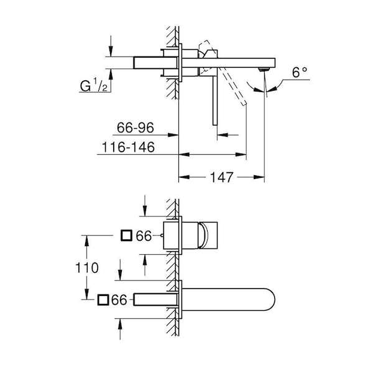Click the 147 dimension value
click(221, 177)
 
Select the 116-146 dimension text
click(128, 147)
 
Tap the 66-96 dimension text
click(136, 127)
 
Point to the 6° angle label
click(300, 72)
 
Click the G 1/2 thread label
click(93, 86)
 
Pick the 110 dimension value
click(87, 267)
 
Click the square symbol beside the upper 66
click(126, 236)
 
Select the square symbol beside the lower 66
click(103, 300)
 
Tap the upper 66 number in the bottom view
click(144, 236)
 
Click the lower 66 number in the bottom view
click(119, 300)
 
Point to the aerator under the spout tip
click(264, 69)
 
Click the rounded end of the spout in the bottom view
click(270, 300)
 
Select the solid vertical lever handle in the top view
click(215, 100)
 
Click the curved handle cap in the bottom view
click(204, 235)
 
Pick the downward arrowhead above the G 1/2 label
click(111, 52)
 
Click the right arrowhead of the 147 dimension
click(259, 177)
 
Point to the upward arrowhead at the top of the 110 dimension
click(87, 241)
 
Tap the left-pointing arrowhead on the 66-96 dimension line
click(223, 135)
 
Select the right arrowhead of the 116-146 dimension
click(241, 155)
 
